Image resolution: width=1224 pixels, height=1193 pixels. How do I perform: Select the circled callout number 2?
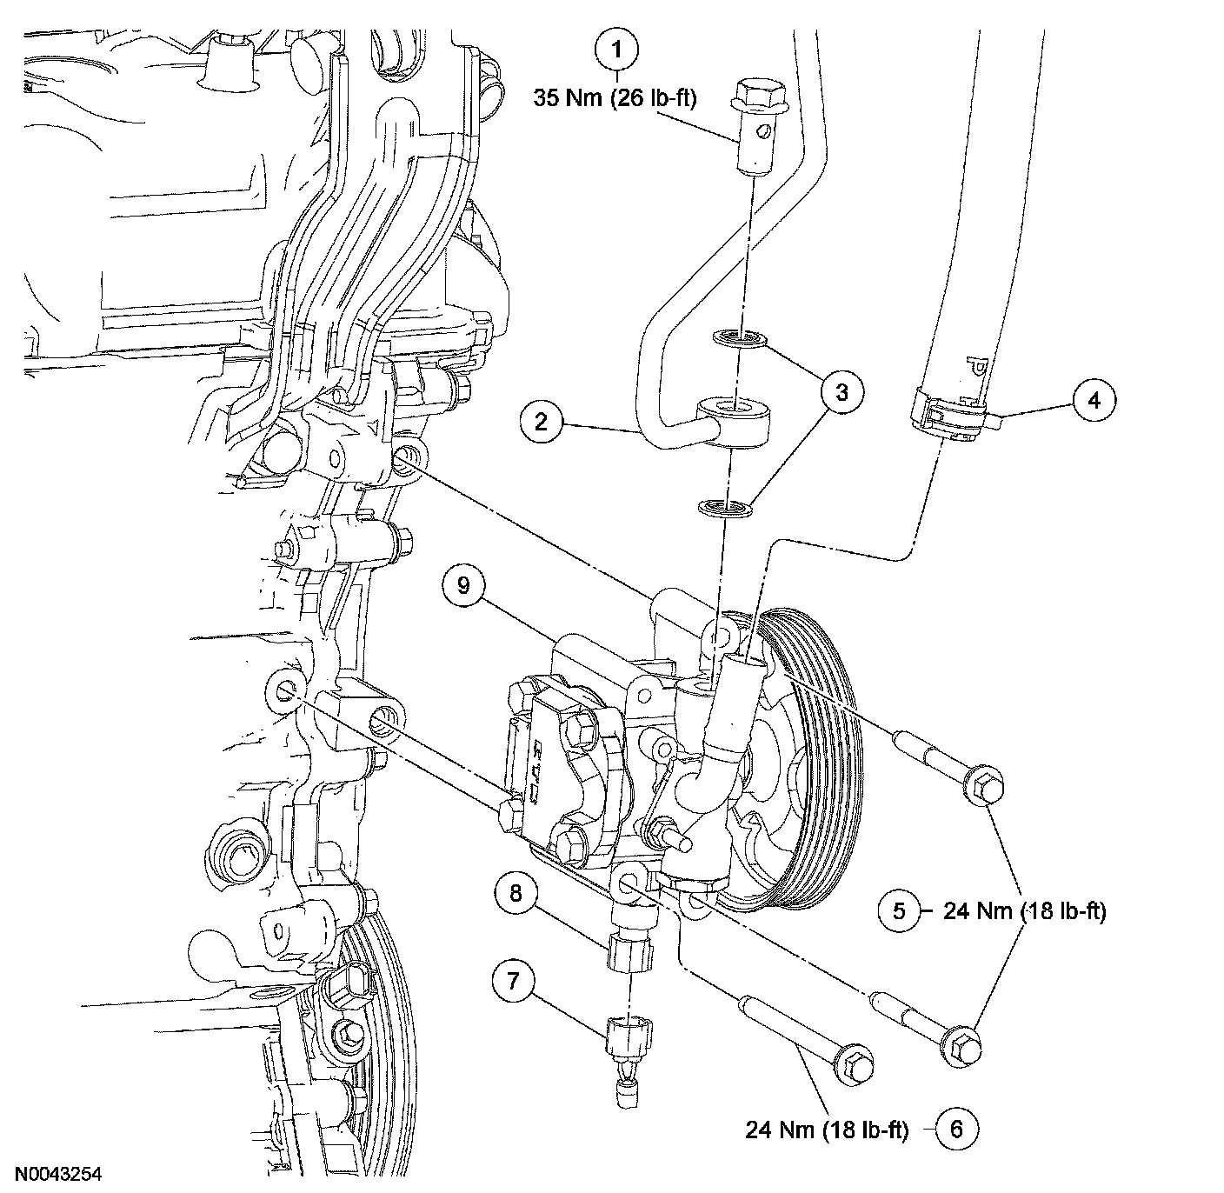click(x=541, y=423)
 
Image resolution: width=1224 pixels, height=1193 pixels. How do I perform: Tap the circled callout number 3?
click(x=841, y=392)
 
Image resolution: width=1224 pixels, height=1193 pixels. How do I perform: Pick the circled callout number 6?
click(x=956, y=1130)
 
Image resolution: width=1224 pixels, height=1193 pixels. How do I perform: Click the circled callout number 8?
click(x=516, y=893)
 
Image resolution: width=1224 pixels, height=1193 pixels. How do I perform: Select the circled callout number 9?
click(x=463, y=585)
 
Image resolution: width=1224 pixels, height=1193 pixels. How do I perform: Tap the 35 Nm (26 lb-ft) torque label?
click(x=615, y=98)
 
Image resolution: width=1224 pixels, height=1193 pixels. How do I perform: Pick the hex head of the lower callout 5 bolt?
click(x=961, y=1042)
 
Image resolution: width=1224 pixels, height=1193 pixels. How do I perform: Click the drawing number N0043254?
click(x=62, y=1173)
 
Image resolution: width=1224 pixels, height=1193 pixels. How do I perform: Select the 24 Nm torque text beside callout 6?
click(x=826, y=1130)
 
